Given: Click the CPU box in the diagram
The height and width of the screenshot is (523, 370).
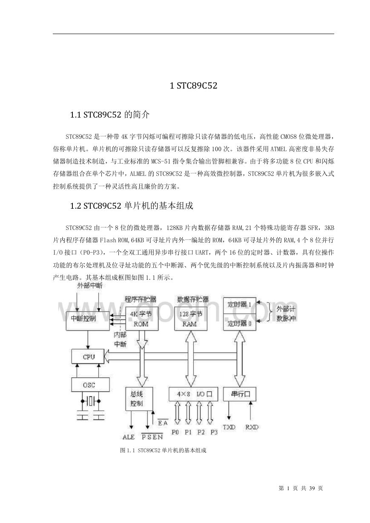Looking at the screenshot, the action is click(x=88, y=356).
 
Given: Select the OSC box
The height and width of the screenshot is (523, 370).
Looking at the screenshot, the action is click(x=90, y=385).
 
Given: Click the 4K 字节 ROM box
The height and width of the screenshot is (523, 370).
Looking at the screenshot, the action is click(x=142, y=319).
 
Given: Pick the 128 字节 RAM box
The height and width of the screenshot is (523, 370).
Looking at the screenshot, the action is click(x=191, y=319).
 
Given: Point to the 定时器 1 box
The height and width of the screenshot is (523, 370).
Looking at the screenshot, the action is click(x=240, y=305).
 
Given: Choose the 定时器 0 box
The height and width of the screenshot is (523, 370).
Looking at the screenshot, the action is click(x=240, y=322).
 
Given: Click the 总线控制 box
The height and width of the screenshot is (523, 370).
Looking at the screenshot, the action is click(x=139, y=399).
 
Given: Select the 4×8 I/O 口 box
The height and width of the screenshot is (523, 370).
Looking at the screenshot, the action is click(x=193, y=394).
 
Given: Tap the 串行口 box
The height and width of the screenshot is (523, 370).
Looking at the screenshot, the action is click(x=240, y=394).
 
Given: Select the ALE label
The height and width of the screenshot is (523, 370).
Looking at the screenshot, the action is click(x=129, y=437).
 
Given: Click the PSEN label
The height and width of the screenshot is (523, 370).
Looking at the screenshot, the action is click(x=152, y=437).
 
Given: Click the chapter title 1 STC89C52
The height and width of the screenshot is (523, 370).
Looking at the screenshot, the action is click(x=194, y=86).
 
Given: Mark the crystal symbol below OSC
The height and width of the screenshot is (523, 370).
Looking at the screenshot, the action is click(x=90, y=401).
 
